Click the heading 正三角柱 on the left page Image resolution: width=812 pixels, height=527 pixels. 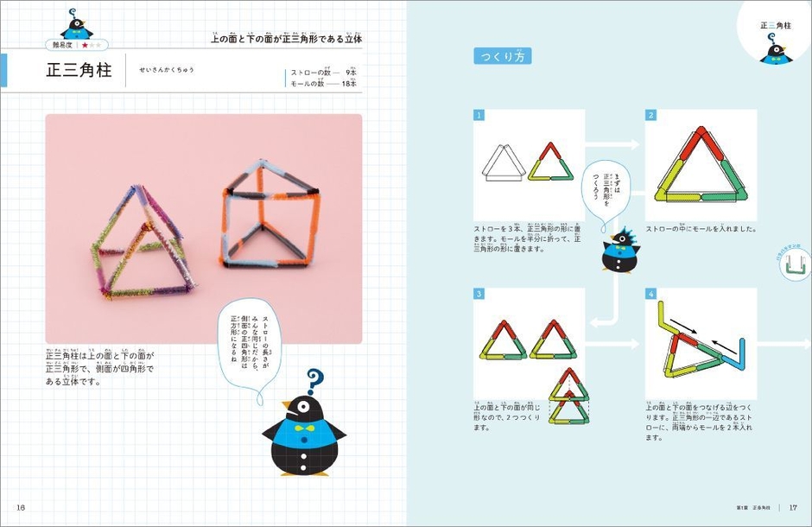pyautogui.click(x=79, y=71)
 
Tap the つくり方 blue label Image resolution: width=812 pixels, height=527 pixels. pyautogui.click(x=502, y=57)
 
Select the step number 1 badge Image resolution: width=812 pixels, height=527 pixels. pyautogui.click(x=478, y=115)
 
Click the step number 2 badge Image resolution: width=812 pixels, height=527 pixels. pyautogui.click(x=650, y=115)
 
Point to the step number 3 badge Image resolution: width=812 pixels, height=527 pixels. pyautogui.click(x=478, y=294)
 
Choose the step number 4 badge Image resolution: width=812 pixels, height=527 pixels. pyautogui.click(x=650, y=294)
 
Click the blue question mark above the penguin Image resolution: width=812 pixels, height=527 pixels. pyautogui.click(x=314, y=379)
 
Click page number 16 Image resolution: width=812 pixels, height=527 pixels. pyautogui.click(x=21, y=507)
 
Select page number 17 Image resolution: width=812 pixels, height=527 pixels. pyautogui.click(x=792, y=507)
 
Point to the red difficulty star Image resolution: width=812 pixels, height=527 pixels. pyautogui.click(x=85, y=44)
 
